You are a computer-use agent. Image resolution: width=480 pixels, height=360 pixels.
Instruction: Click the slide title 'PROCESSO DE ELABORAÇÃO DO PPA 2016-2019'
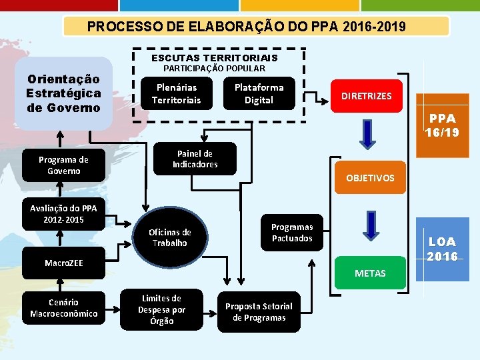(256, 27)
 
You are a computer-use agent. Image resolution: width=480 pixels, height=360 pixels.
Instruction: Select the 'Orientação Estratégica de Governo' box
(63, 93)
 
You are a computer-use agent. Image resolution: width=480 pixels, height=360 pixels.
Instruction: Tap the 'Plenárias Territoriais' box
(176, 94)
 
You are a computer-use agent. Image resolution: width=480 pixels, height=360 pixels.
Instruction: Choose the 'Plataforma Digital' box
(259, 94)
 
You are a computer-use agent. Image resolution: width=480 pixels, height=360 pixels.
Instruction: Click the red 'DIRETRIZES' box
(366, 96)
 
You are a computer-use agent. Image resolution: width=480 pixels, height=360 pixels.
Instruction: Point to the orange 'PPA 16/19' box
(442, 125)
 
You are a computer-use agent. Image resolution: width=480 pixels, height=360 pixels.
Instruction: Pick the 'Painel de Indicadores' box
(195, 159)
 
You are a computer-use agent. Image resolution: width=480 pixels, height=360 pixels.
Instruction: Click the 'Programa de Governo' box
(63, 165)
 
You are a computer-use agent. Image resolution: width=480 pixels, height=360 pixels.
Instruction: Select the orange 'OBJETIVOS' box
(370, 178)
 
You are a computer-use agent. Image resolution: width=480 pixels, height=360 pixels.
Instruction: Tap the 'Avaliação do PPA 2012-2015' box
(63, 214)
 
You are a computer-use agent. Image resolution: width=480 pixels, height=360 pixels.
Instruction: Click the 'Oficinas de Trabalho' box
(169, 237)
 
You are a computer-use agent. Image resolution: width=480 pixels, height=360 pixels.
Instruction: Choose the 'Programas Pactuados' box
(291, 233)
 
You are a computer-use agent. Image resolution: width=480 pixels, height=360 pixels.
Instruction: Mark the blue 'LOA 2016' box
(442, 249)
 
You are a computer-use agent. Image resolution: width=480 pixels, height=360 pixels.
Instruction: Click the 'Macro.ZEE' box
(63, 263)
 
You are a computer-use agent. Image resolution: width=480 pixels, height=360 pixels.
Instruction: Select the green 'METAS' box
(370, 273)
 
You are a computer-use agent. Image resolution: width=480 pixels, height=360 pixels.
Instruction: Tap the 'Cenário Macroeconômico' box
(63, 308)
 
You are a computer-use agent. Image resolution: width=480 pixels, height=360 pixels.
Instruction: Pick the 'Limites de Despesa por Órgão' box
(161, 310)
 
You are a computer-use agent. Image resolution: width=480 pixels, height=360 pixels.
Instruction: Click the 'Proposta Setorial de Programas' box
(258, 311)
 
